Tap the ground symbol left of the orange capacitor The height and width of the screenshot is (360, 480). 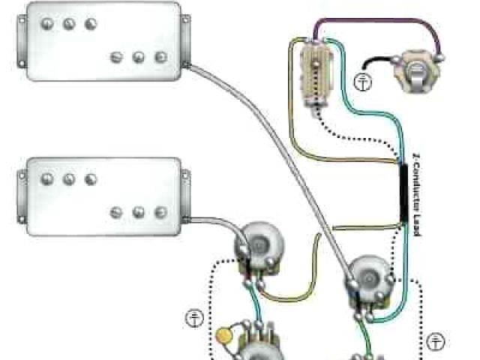pyautogui.click(x=194, y=318)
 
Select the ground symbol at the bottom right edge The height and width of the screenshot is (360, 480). pyautogui.click(x=436, y=342)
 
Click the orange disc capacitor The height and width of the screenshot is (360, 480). pyautogui.click(x=223, y=335)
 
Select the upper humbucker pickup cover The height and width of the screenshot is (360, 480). pyautogui.click(x=103, y=41)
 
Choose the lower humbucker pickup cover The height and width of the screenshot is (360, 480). pyautogui.click(x=103, y=196)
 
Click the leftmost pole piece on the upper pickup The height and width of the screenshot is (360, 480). pyautogui.click(x=46, y=24)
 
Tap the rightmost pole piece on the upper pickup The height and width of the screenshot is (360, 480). pyautogui.click(x=160, y=57)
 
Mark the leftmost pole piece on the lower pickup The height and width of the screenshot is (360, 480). pyautogui.click(x=46, y=179)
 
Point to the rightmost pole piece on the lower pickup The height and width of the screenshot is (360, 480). pyautogui.click(x=160, y=212)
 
